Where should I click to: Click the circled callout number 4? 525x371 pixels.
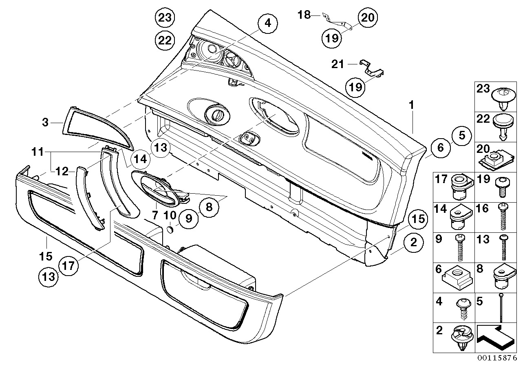(267, 23)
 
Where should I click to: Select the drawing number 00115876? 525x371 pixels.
(496, 358)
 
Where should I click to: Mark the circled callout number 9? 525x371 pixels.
(188, 219)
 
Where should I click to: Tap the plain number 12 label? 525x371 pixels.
(62, 172)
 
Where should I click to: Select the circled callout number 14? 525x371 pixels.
(140, 159)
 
